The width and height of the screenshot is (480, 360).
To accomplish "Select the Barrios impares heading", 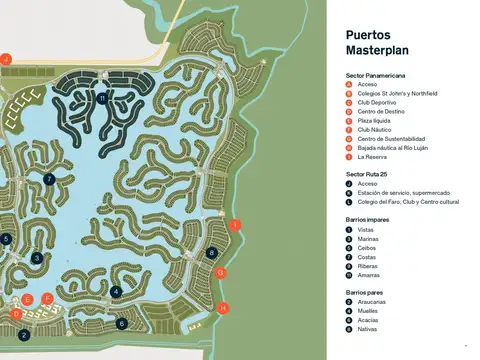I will pyautogui.click(x=364, y=219).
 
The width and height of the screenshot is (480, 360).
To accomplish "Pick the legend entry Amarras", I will pyautogui.click(x=369, y=274).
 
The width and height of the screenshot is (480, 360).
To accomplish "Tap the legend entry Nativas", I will pyautogui.click(x=367, y=328).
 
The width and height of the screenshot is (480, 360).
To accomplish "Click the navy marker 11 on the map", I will pyautogui.click(x=102, y=98).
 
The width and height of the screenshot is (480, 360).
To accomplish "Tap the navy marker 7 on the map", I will pyautogui.click(x=49, y=179).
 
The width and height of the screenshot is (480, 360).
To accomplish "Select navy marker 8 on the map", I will pyautogui.click(x=212, y=253).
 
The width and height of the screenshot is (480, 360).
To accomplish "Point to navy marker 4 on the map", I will pyautogui.click(x=117, y=291).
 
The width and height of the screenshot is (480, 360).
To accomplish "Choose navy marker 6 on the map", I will pyautogui.click(x=122, y=323).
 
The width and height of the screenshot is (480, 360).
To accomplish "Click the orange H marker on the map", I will pyautogui.click(x=223, y=308).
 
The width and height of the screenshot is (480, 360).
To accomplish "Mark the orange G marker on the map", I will pyautogui.click(x=221, y=272).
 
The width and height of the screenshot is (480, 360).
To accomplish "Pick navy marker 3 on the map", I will pyautogui.click(x=36, y=258).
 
